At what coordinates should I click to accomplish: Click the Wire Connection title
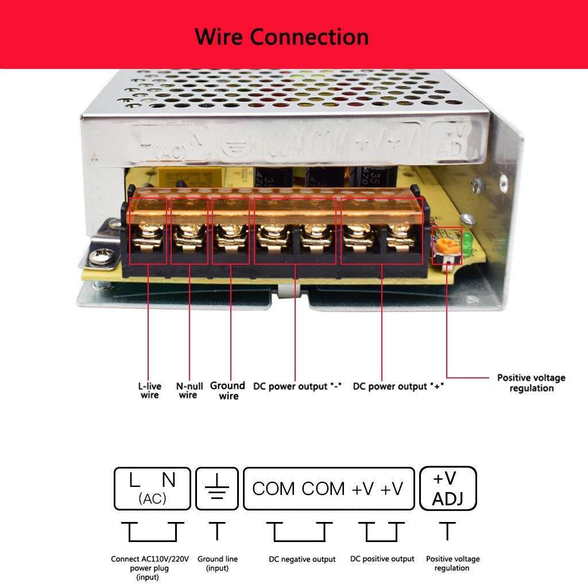tap(282, 37)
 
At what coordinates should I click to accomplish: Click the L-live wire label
tap(150, 390)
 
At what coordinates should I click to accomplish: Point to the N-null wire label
tap(188, 390)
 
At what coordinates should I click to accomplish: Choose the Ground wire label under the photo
tap(228, 390)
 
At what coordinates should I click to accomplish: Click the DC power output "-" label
tap(297, 386)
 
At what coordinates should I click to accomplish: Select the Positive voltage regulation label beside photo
tap(531, 383)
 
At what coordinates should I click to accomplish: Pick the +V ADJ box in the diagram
tap(448, 489)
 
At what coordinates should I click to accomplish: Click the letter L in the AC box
tap(134, 479)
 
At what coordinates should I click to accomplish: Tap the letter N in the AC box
tap(169, 479)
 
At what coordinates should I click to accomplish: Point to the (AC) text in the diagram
tap(152, 499)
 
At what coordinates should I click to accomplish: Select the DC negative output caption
tap(302, 559)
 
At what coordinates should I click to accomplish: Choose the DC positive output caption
tap(382, 559)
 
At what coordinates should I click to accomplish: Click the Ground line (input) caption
tap(217, 563)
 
